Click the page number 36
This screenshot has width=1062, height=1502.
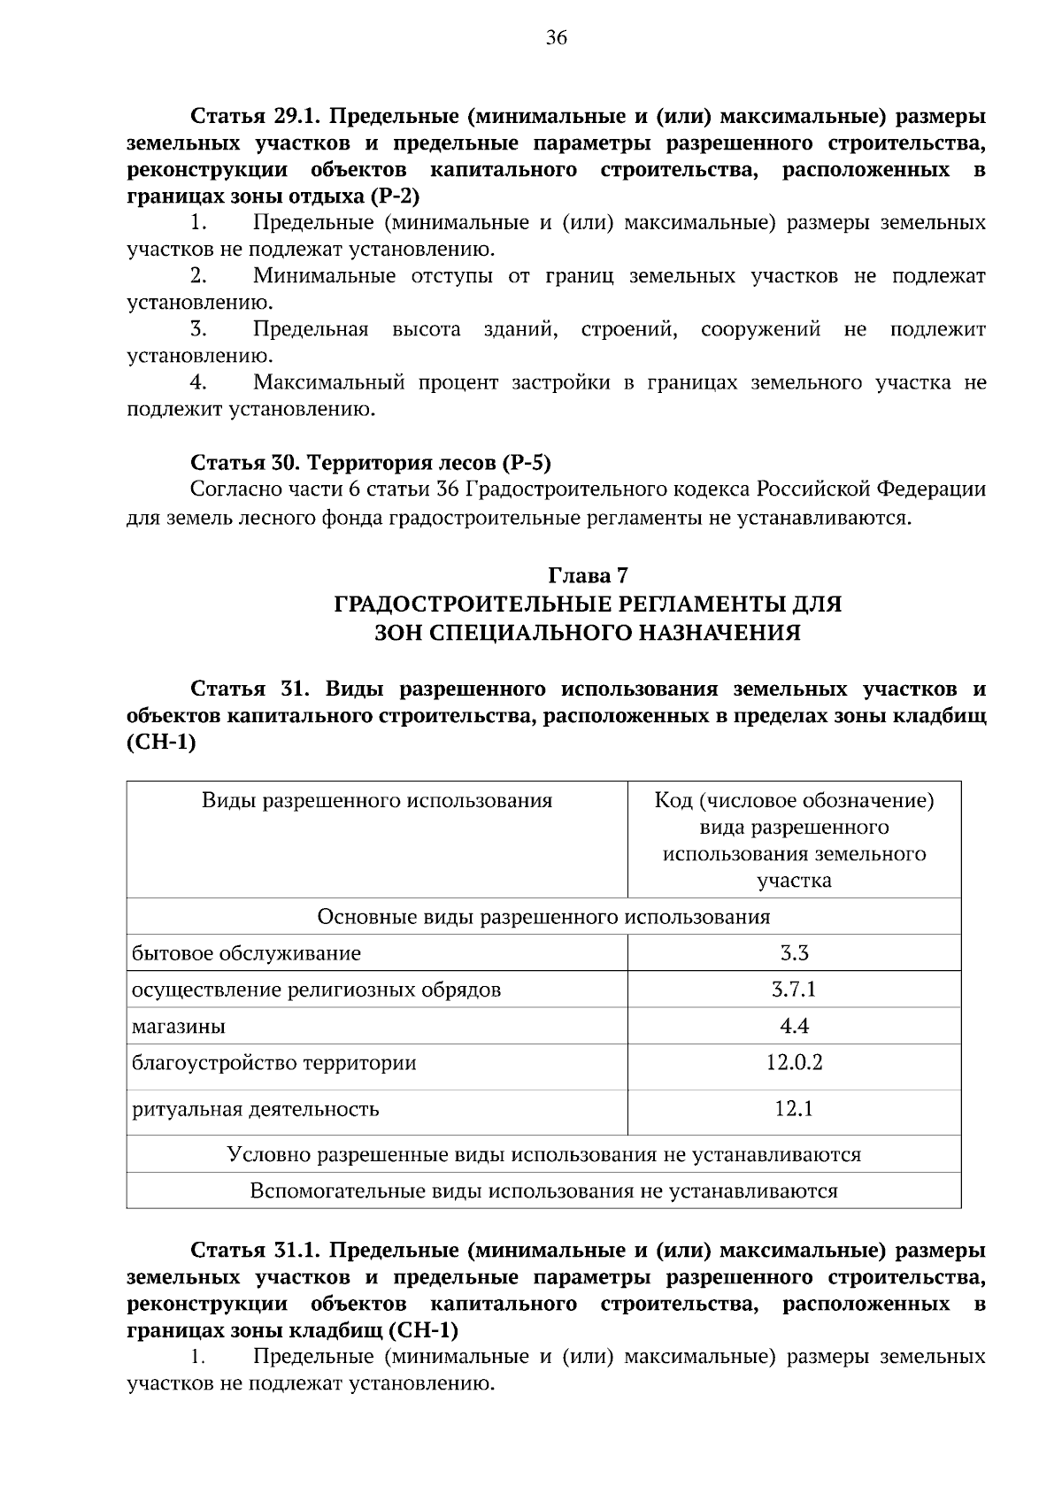pyautogui.click(x=557, y=37)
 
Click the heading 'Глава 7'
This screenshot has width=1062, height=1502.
pyautogui.click(x=588, y=575)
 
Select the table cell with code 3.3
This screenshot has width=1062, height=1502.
pyautogui.click(x=794, y=953)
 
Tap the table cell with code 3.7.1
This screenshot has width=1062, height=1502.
pyautogui.click(x=794, y=990)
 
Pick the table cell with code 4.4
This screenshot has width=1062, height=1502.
pyautogui.click(x=794, y=1026)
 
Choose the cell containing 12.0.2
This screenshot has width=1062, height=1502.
pyautogui.click(x=794, y=1062)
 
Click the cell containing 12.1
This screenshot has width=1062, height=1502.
pyautogui.click(x=794, y=1108)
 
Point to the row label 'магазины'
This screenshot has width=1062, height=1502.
pyautogui.click(x=179, y=1027)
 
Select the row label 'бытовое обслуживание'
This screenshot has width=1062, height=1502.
pyautogui.click(x=246, y=953)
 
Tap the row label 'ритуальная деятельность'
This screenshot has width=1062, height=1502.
pyautogui.click(x=256, y=1109)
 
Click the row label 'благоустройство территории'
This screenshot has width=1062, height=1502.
pyautogui.click(x=273, y=1062)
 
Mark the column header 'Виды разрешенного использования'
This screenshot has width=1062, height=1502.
pyautogui.click(x=377, y=801)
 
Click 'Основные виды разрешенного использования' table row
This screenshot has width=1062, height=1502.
pyautogui.click(x=543, y=917)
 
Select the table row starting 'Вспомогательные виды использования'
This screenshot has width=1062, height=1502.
pyautogui.click(x=543, y=1190)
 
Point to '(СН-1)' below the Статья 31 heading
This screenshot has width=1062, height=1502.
pyautogui.click(x=161, y=743)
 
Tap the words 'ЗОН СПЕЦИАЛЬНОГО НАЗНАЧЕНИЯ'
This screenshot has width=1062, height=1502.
pyautogui.click(x=588, y=632)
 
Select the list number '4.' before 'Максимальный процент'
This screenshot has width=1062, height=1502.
pyautogui.click(x=198, y=382)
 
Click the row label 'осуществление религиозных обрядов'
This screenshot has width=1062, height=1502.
pyautogui.click(x=316, y=990)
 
